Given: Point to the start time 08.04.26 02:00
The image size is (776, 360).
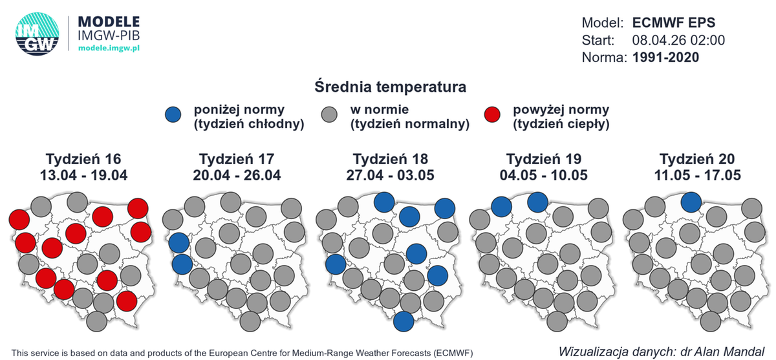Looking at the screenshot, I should coord(678,40).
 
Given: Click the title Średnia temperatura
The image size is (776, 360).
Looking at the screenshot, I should coord(391,86).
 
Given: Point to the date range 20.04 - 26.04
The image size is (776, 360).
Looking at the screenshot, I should coord(237,175).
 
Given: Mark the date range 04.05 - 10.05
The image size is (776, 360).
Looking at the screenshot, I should coord(543,175).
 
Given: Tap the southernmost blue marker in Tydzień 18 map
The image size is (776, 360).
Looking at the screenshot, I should coord(404,321).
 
